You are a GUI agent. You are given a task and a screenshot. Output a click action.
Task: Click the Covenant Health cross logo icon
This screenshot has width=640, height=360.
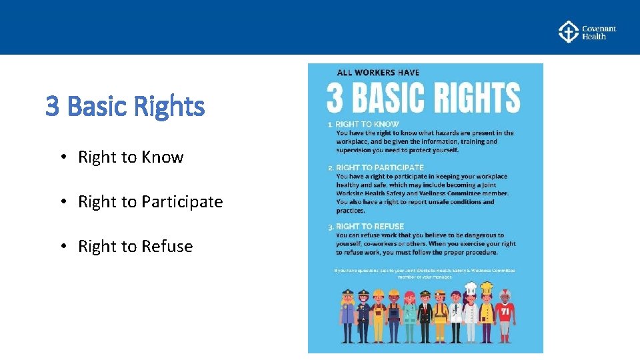(x=568, y=32)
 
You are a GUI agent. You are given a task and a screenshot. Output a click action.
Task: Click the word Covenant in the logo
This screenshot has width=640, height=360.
(x=599, y=29)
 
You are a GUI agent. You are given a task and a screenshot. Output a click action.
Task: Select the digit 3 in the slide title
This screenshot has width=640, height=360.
(x=52, y=105)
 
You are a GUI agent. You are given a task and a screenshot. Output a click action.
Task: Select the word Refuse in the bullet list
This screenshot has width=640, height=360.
(x=167, y=247)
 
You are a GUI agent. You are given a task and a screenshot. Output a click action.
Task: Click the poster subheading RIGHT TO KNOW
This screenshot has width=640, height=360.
(x=367, y=124)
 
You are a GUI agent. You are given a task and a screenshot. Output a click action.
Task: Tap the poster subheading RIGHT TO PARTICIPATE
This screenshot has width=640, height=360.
(x=379, y=167)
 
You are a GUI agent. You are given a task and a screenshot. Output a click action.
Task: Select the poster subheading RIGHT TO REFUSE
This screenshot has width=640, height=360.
(x=370, y=227)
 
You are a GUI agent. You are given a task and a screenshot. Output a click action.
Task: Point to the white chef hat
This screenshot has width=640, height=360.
(x=471, y=288)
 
